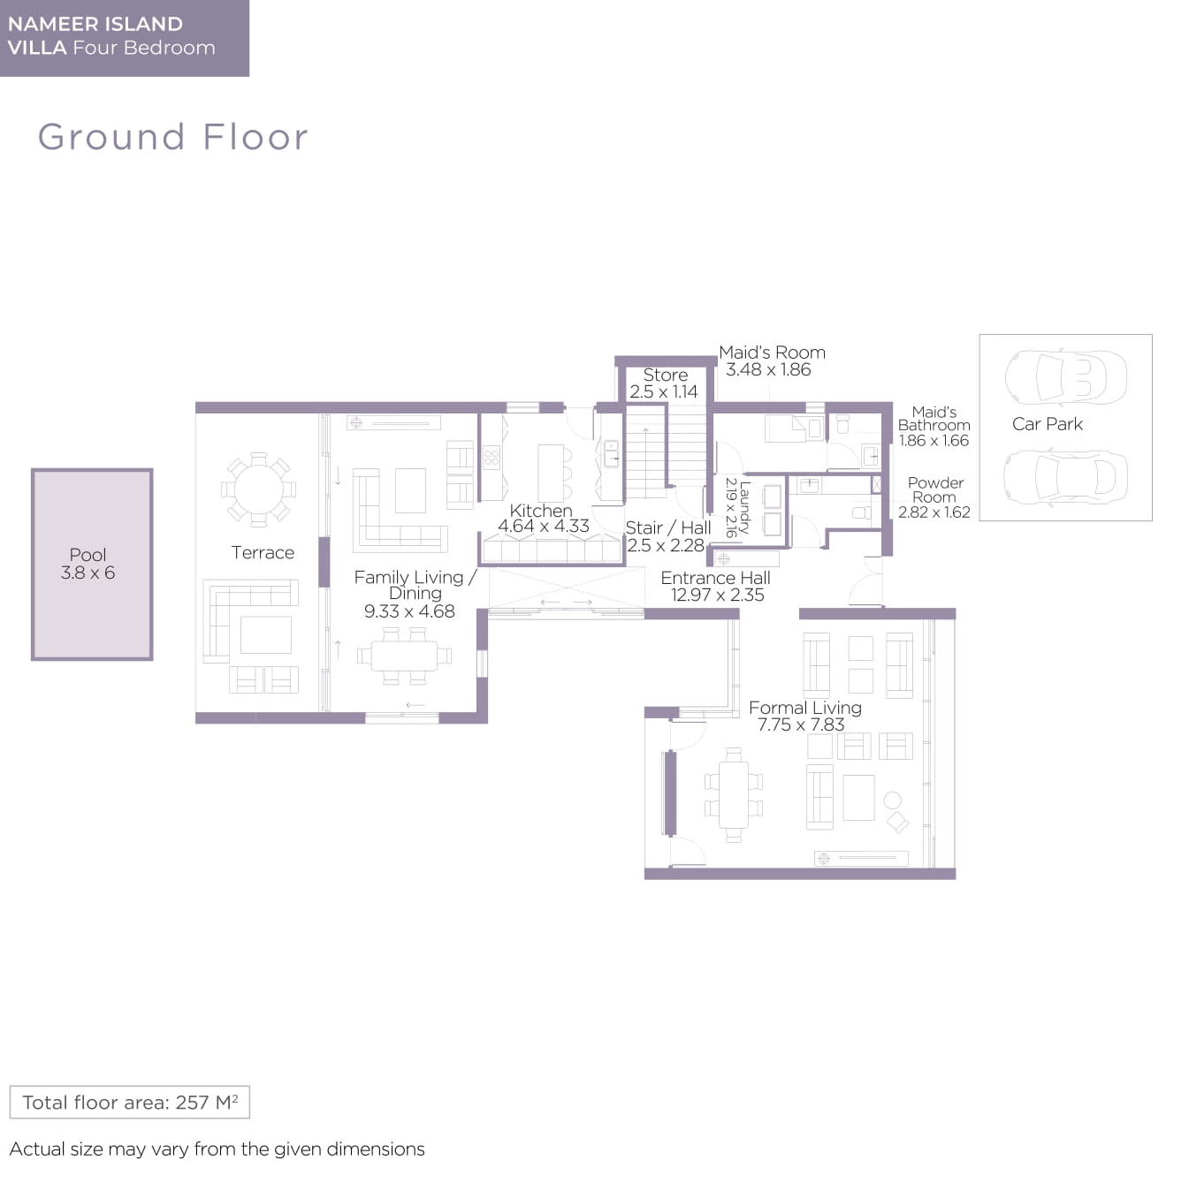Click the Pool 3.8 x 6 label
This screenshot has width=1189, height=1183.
(x=88, y=564)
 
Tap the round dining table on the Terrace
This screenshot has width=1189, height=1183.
(x=258, y=490)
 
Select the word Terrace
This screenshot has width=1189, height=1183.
(x=263, y=553)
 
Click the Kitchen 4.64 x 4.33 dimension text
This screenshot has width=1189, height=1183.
(x=544, y=526)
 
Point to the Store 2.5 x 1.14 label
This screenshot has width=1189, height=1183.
(x=664, y=383)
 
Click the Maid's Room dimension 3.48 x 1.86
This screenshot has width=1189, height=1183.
(x=768, y=369)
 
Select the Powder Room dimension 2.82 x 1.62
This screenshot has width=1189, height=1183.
(x=934, y=512)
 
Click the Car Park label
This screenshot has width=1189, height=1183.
(x=1047, y=424)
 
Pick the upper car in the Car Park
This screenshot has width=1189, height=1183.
(x=1065, y=377)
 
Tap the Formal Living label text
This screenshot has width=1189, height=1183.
(x=805, y=708)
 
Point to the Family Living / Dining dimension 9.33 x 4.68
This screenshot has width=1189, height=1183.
(x=409, y=611)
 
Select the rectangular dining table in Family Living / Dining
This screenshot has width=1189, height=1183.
(x=404, y=656)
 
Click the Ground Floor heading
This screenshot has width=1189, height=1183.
(x=172, y=136)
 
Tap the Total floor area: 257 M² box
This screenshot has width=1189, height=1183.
(x=130, y=1103)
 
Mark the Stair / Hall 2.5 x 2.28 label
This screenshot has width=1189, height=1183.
(x=667, y=536)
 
